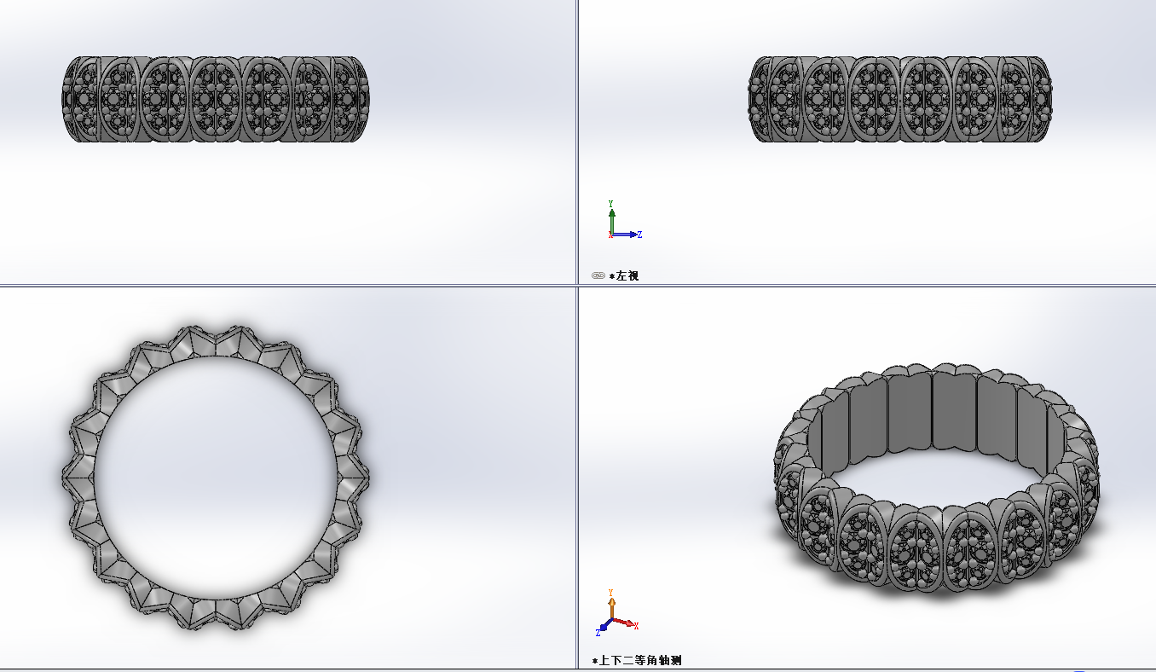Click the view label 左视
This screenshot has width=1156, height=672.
(x=627, y=275)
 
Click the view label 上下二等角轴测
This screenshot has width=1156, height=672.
(x=640, y=660)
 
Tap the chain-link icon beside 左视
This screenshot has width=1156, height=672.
(x=598, y=275)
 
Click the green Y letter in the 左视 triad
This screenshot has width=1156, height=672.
(x=610, y=204)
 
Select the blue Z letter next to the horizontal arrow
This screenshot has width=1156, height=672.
(x=639, y=235)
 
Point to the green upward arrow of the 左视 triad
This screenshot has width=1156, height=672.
(x=611, y=221)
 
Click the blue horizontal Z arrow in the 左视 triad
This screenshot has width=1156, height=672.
(x=624, y=235)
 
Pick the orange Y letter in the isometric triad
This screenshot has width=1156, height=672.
(x=610, y=593)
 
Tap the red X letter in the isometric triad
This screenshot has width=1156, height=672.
(x=636, y=626)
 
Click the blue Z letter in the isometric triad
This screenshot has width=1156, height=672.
(x=598, y=633)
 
